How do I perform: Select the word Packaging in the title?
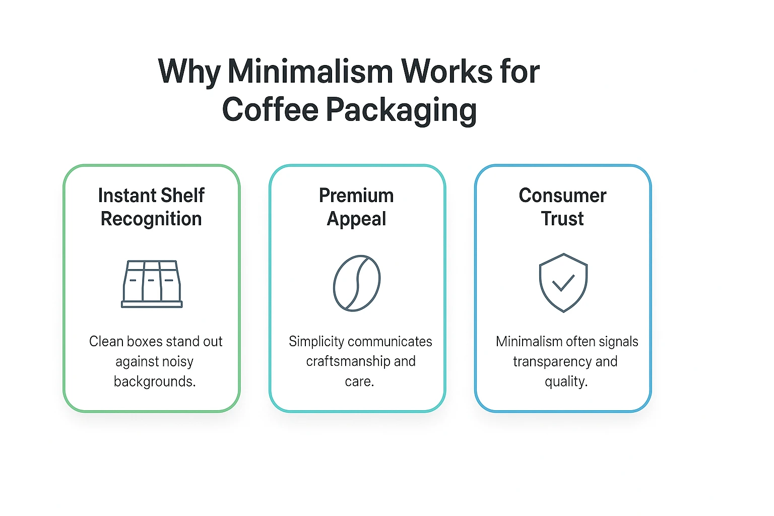point(401,110)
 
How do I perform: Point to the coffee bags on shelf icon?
point(152,284)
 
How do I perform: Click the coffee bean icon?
point(357,283)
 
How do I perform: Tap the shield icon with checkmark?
point(563,283)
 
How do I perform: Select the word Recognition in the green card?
point(151,219)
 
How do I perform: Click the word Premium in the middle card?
point(356,196)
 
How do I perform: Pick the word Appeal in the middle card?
point(356,219)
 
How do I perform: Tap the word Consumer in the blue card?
point(562,196)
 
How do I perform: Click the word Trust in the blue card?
point(562,219)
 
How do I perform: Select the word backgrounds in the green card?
point(154,381)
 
